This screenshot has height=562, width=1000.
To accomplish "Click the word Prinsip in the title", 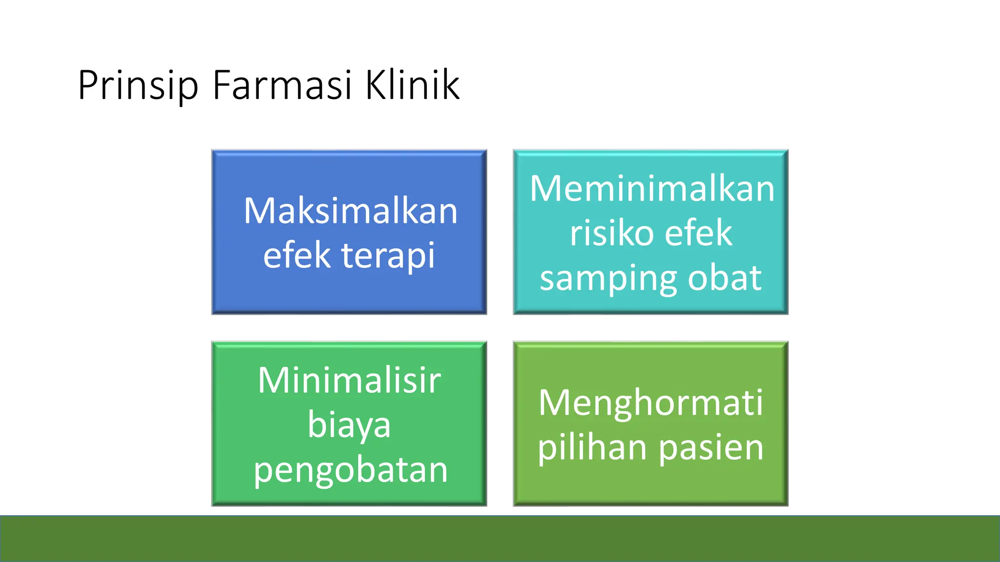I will pos(138,86).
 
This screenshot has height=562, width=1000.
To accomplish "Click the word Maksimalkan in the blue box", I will pos(350,211).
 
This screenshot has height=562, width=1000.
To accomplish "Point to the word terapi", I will pos(388,255).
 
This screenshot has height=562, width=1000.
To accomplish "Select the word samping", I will pos(607,279).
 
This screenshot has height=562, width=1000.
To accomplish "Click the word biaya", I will pos(349,425).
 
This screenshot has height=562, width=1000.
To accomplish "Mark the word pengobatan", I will pos(350,470).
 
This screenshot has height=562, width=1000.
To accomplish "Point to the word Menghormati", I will pos(650,403).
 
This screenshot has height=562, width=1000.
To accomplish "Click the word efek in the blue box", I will pos(296,255).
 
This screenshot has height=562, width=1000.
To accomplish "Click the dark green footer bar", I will pos(500,539).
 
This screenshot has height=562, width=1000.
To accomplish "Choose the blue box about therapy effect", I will pos(349,293).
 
